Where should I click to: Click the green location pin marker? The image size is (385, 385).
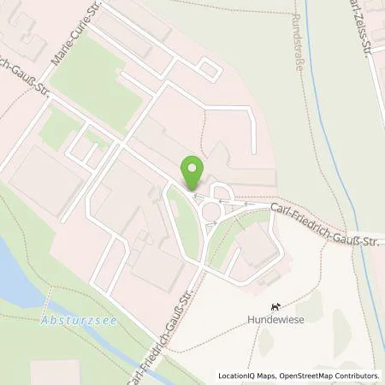tap(192, 173)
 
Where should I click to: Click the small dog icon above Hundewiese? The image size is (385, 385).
tap(275, 306)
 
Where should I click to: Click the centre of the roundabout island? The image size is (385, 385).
tap(210, 210)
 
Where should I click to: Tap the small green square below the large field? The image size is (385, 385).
tap(60, 128)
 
